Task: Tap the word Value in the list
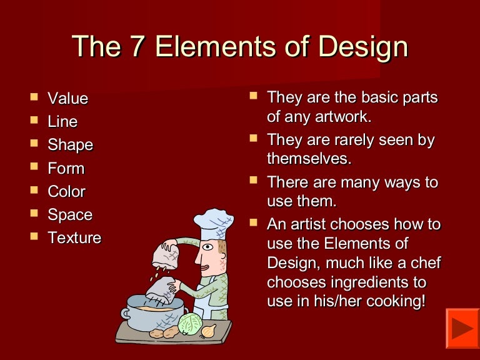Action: point(68,98)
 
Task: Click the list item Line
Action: point(62,121)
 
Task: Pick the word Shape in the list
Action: point(71,145)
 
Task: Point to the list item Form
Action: point(66,168)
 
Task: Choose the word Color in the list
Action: point(67,192)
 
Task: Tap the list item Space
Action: point(70,215)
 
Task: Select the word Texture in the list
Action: point(74,238)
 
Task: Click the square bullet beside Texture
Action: point(34,236)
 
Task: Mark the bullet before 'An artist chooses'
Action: point(253,222)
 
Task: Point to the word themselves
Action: point(309,159)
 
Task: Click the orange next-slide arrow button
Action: point(462,328)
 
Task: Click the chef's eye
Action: point(207,247)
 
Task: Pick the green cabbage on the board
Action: point(190,324)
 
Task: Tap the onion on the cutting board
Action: point(209,331)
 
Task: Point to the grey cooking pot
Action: point(154,312)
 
